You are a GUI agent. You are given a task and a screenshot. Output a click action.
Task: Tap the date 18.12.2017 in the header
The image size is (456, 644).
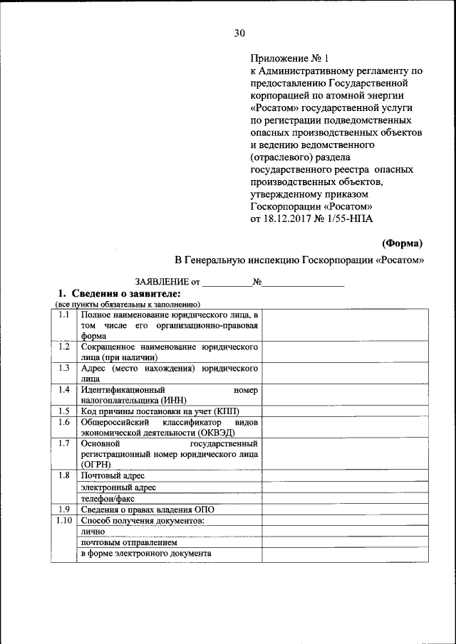(289, 219)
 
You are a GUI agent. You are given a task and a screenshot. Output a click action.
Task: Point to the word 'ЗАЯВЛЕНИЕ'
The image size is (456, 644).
(157, 283)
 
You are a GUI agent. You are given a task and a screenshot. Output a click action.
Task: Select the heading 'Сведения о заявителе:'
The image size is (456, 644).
(124, 294)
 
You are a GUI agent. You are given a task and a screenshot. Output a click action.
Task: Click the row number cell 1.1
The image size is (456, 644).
(63, 315)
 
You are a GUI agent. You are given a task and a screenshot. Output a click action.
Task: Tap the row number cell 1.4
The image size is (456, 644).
(63, 390)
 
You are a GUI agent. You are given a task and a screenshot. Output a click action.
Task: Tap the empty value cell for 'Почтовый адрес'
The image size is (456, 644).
(345, 475)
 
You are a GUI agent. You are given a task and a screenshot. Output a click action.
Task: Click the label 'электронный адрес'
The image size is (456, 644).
(118, 487)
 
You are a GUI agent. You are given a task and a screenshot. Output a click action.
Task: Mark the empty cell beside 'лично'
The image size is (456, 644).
(345, 531)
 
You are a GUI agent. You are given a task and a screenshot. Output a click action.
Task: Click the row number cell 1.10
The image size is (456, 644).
(63, 520)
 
